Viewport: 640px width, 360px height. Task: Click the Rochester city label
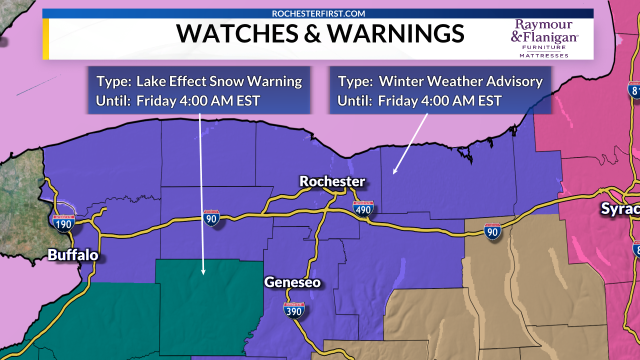click(332, 181)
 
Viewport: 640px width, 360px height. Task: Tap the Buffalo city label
click(73, 255)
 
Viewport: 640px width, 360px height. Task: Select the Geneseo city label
click(292, 282)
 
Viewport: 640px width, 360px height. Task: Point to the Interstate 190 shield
click(64, 222)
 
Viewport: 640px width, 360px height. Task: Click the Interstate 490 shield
click(363, 208)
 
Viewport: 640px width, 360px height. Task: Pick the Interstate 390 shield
click(293, 311)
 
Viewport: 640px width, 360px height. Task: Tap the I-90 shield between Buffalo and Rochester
click(211, 218)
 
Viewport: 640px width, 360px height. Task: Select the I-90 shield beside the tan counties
click(493, 231)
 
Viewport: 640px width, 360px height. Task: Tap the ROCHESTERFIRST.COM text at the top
click(318, 13)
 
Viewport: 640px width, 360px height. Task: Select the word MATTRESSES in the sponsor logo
click(543, 55)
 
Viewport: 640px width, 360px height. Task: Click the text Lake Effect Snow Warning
click(219, 81)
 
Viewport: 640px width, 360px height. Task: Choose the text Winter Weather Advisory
click(460, 81)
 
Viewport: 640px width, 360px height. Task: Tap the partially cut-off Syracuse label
click(620, 208)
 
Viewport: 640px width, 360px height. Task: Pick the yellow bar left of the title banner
click(45, 39)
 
